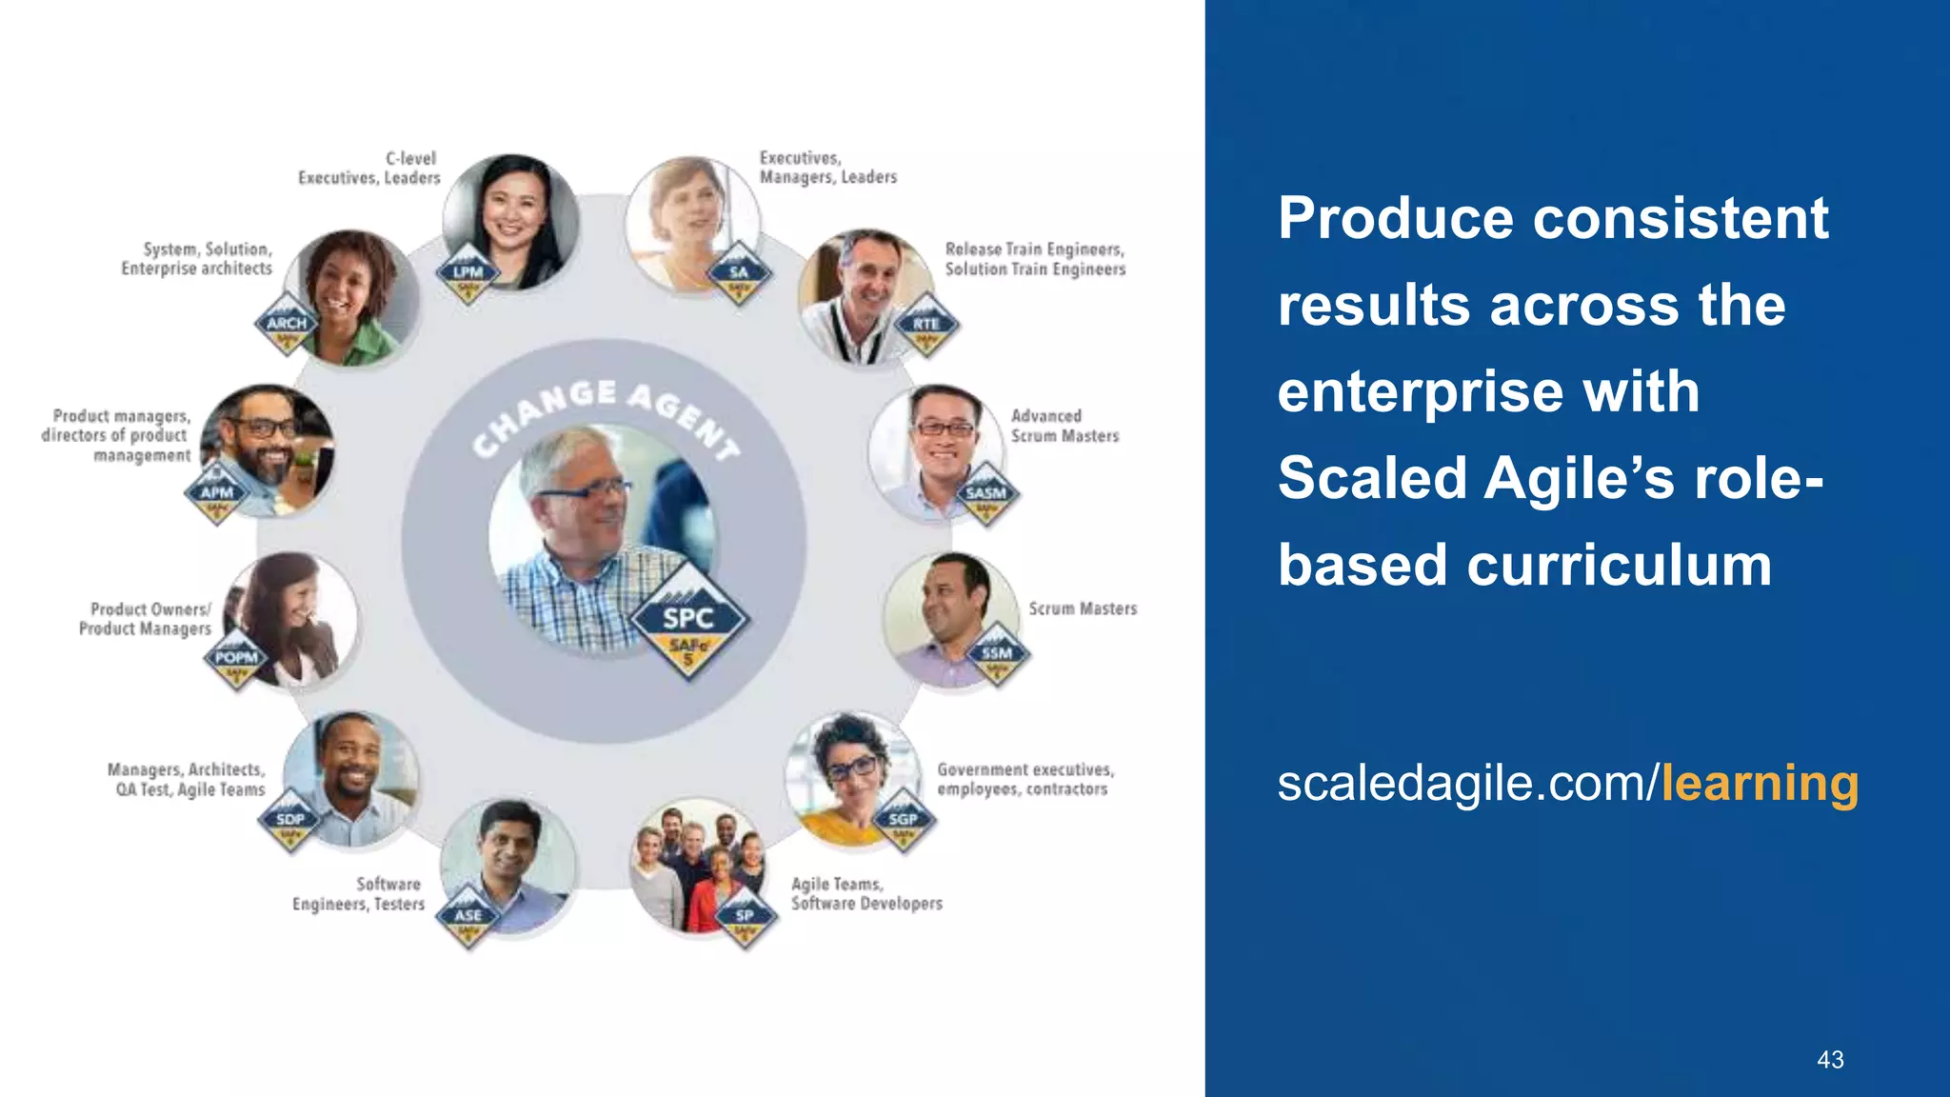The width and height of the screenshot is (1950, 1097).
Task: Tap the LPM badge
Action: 468,273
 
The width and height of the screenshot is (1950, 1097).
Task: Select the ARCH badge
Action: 287,325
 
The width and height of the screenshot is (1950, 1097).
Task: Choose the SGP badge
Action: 903,820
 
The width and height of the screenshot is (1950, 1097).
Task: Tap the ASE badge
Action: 468,917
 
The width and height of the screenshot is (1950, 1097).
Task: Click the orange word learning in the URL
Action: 1760,784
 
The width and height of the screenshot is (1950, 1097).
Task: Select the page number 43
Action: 1830,1060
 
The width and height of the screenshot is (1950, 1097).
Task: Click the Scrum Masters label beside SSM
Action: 1083,608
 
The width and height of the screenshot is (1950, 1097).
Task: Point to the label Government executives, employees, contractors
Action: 1025,779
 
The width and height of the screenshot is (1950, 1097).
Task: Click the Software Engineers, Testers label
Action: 359,894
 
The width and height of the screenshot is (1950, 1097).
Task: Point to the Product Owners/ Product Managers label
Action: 146,619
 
